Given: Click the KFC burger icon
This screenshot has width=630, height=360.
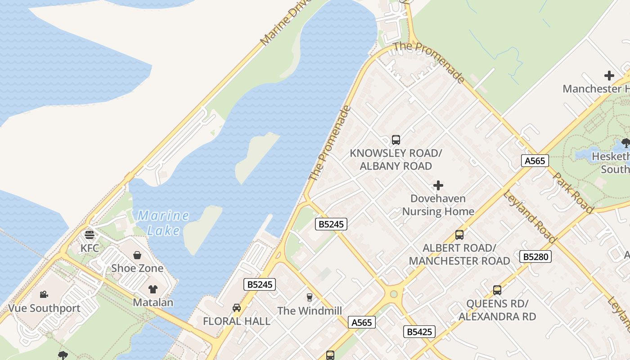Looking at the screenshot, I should (x=89, y=234).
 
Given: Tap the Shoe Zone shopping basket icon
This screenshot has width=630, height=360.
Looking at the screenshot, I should (x=137, y=255).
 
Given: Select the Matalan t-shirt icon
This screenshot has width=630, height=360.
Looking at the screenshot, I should (x=153, y=289).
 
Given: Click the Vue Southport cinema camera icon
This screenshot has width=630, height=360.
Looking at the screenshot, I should (x=44, y=294).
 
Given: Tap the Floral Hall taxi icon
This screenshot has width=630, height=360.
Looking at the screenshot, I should (x=236, y=308).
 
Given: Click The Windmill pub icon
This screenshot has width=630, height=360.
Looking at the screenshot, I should (x=309, y=297).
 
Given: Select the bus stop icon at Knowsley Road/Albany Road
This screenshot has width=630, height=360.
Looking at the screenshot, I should (x=396, y=139).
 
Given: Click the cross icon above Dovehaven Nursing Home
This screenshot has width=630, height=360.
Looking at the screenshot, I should (x=438, y=185).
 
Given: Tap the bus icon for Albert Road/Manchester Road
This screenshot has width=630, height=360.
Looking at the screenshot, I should (x=459, y=234).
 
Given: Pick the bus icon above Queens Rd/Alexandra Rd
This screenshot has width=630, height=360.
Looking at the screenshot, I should (x=497, y=290).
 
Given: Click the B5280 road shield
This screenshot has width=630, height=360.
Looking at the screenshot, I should (x=535, y=256).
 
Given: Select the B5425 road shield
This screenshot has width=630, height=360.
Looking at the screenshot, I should (x=419, y=332).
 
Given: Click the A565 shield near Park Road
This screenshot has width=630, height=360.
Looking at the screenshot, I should (x=535, y=161).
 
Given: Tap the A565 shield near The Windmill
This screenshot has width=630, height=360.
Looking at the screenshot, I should (x=361, y=322).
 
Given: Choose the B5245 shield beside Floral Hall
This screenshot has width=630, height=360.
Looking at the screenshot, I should (x=259, y=284).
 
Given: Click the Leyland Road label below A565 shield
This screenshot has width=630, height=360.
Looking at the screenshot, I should (x=529, y=217).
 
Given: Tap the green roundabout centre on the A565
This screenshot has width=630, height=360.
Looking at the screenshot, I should (x=394, y=294).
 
